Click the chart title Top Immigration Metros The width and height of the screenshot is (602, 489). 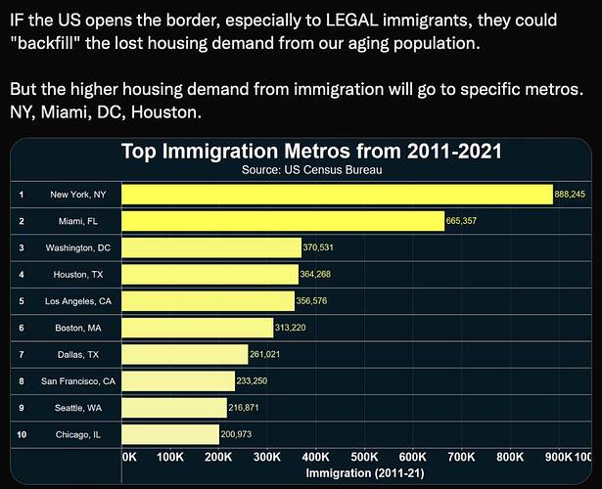[x=311, y=152]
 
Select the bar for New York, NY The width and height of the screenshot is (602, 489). [x=337, y=195]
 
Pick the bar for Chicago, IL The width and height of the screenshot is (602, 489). [x=170, y=433]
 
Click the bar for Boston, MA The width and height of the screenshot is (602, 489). [x=197, y=327]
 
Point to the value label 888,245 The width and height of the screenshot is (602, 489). [x=570, y=195]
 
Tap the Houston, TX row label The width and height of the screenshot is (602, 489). [x=77, y=274]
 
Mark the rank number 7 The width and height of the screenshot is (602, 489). [x=21, y=354]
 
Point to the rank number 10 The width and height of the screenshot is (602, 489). [x=22, y=433]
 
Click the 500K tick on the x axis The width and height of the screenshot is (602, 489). [x=364, y=457]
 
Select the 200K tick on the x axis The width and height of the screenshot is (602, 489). [x=218, y=457]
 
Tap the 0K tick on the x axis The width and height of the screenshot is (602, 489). [x=129, y=457]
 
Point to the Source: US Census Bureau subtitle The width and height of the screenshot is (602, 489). [x=311, y=169]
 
